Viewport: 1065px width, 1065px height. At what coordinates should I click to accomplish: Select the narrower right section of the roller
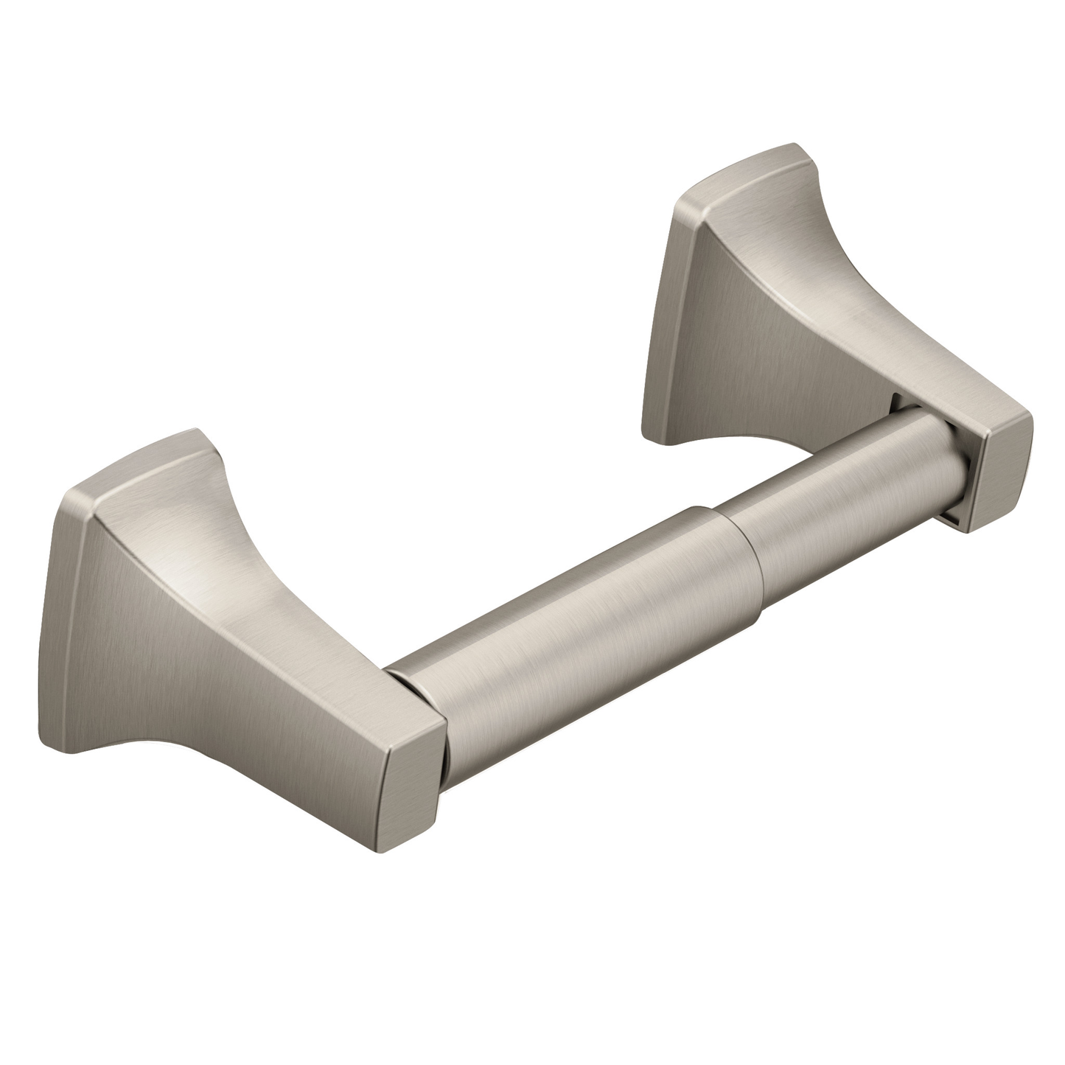(x=825, y=472)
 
